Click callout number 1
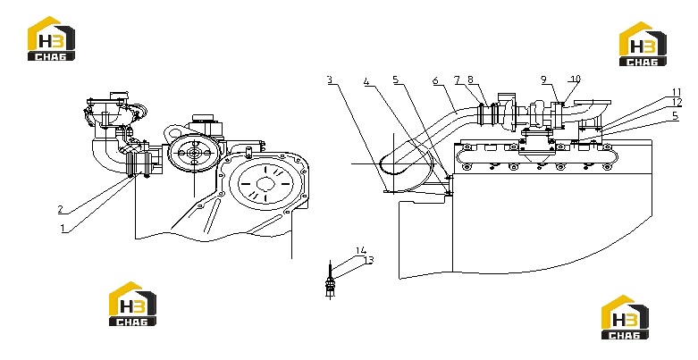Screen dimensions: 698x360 63,229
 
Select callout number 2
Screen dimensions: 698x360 61,209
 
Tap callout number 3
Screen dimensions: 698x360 330,80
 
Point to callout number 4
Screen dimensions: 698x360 366,81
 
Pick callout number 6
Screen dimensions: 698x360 435,80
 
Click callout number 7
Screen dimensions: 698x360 458,80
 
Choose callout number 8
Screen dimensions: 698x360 470,80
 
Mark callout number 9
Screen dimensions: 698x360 544,80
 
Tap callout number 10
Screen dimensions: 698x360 576,80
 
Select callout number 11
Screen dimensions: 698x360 677,92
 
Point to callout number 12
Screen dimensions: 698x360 677,103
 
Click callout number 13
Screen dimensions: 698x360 368,260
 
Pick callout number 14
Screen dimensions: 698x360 360,251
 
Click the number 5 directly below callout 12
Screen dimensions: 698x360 676,116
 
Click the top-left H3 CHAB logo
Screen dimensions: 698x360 51,38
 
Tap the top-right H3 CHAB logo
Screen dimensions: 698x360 643,44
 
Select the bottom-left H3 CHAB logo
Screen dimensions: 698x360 132,304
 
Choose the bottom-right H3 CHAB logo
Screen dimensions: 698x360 625,317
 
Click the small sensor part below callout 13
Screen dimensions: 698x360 330,286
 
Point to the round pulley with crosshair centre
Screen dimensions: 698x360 194,153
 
